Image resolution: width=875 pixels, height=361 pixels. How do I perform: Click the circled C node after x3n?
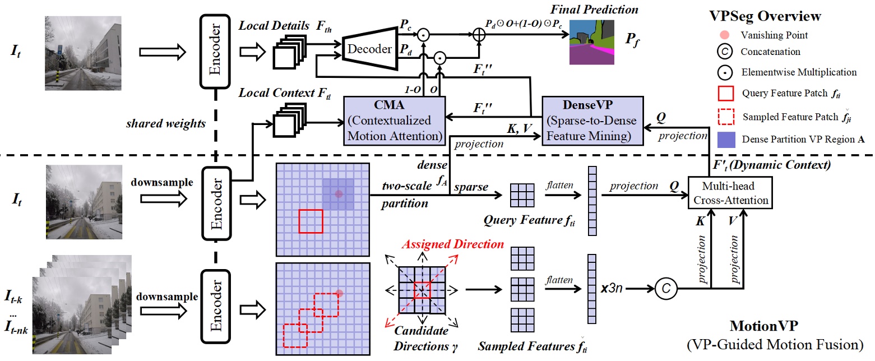(663, 288)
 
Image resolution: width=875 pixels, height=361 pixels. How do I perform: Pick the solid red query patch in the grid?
(311, 220)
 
